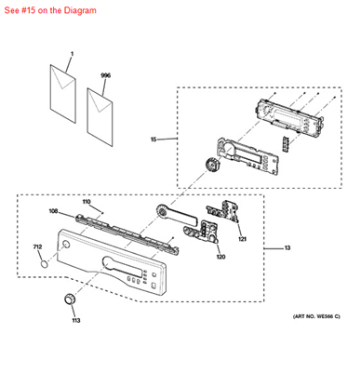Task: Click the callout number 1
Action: click(72, 55)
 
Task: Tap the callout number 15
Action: click(153, 140)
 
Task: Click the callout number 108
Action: click(53, 211)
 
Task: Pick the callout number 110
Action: click(86, 202)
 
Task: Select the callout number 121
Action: click(242, 239)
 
